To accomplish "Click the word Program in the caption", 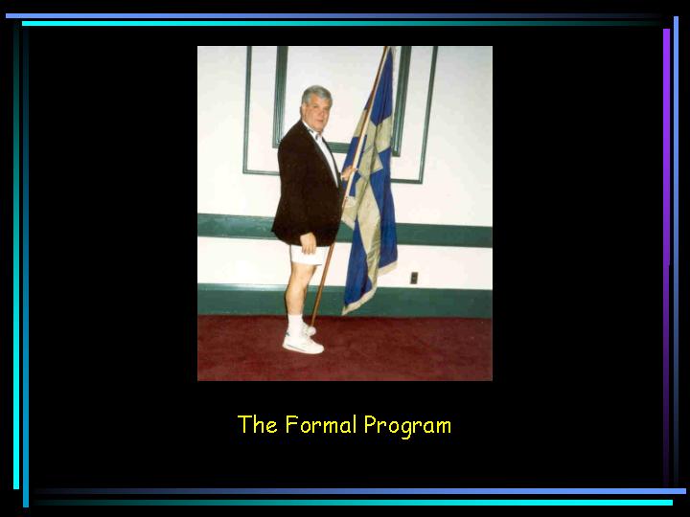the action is pos(407,426).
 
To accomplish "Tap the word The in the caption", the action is pos(258,424).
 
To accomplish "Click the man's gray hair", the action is pos(316,94).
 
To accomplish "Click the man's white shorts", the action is pos(309,255).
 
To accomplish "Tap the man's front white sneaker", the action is pos(303,345).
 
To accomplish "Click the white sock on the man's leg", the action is pos(295,325).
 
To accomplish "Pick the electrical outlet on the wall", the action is pos(414,278).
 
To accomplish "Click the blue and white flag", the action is pos(371,185).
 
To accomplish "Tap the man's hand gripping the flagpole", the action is pos(350,172).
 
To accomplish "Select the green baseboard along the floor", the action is pos(345,301).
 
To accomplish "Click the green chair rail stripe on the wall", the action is pos(345,231).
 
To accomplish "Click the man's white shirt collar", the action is pos(314,131).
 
